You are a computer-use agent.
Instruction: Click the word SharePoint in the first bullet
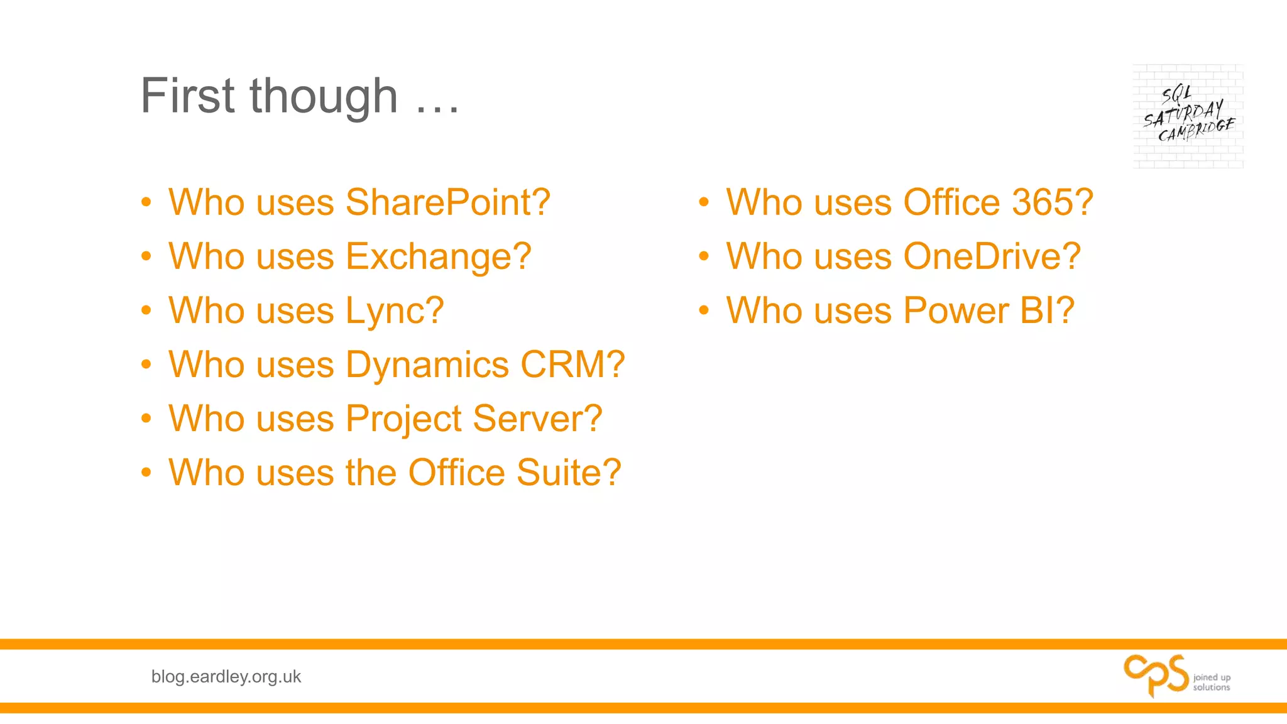tap(447, 203)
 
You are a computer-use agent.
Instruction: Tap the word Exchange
tap(438, 257)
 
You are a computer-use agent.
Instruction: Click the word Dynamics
tap(427, 365)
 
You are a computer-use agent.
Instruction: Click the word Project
tap(403, 419)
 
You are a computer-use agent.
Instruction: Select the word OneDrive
tap(992, 257)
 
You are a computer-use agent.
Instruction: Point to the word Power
tap(955, 311)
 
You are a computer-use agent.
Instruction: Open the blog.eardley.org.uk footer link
tap(226, 677)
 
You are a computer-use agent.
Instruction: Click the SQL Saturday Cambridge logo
tap(1188, 116)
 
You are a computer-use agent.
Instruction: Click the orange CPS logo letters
tap(1156, 676)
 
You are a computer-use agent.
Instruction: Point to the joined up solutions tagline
tap(1211, 682)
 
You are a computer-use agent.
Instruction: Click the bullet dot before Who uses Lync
tap(146, 310)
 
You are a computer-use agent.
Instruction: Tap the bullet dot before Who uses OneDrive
tap(704, 256)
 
